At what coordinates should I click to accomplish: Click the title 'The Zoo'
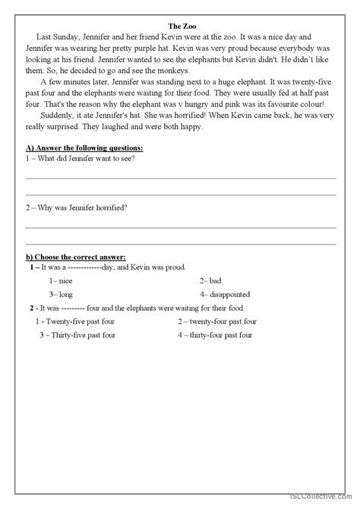(x=180, y=24)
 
